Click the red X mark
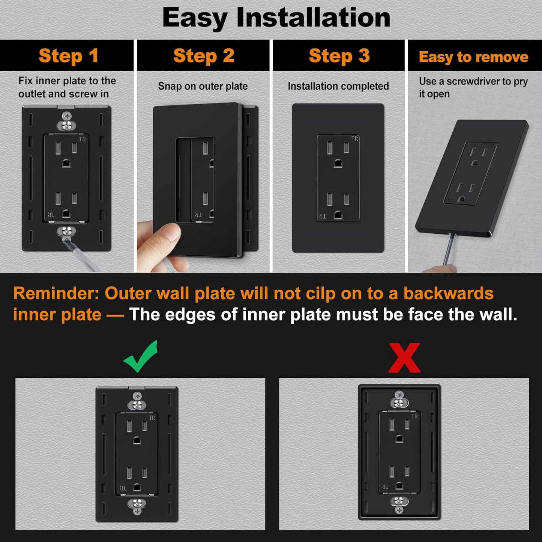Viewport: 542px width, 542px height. [x=404, y=358]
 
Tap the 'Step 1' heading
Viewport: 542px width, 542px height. [x=69, y=56]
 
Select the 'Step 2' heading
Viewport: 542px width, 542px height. [x=204, y=56]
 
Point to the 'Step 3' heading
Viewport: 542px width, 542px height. [x=339, y=56]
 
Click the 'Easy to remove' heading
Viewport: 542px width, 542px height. [x=473, y=57]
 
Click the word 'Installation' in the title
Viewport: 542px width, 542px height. [x=313, y=18]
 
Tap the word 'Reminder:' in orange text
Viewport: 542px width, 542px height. [x=56, y=293]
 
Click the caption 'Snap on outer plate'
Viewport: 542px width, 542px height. [x=203, y=86]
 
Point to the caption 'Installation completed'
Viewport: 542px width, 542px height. [x=338, y=86]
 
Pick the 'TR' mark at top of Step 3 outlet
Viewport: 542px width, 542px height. [x=355, y=139]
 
